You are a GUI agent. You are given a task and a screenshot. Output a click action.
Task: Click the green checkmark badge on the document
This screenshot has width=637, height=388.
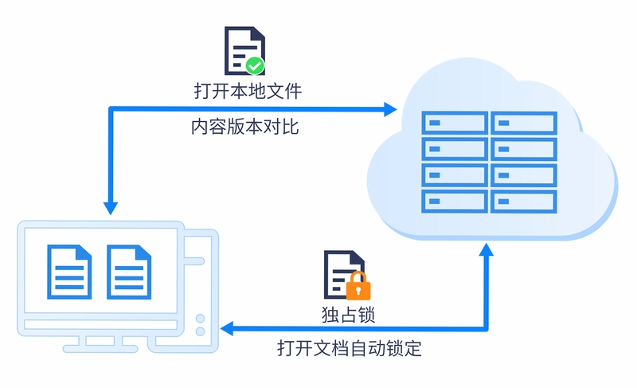[x=255, y=65]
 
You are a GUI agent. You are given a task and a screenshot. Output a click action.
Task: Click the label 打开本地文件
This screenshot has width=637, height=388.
[x=248, y=91]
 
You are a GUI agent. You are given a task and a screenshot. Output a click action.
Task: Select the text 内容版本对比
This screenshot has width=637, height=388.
[x=245, y=127]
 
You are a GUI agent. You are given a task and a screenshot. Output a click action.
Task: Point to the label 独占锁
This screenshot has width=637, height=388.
[x=348, y=315]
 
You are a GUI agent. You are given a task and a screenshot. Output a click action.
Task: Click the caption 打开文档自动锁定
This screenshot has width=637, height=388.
[x=350, y=348]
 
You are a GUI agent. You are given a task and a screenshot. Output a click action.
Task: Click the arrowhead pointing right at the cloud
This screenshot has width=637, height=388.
[x=390, y=109]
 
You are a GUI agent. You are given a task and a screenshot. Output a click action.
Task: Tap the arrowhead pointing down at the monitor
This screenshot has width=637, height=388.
[x=111, y=208]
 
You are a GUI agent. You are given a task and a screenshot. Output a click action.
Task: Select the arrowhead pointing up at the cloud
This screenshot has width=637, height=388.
[x=486, y=249]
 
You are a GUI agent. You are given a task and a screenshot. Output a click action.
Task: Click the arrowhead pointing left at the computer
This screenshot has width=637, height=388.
[x=227, y=328]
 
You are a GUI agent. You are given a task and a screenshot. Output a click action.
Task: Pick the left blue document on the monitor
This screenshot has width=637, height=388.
[x=69, y=272]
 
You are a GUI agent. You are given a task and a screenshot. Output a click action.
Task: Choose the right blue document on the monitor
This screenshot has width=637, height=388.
[x=129, y=272]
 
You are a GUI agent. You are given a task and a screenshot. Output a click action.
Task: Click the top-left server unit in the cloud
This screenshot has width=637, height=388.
[x=455, y=123]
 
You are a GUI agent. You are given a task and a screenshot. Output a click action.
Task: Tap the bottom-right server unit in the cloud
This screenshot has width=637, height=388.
[x=524, y=201]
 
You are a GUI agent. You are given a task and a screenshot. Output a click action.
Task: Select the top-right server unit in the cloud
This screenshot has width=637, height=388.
[x=524, y=123]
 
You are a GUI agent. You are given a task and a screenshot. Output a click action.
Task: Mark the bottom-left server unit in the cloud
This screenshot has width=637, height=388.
[x=455, y=201]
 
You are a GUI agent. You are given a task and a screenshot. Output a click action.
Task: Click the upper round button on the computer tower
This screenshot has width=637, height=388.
[x=201, y=318]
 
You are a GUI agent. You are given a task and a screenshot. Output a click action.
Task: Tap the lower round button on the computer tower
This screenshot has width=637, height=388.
[x=201, y=331]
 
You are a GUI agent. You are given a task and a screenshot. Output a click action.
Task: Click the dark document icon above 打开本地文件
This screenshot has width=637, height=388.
[x=245, y=51]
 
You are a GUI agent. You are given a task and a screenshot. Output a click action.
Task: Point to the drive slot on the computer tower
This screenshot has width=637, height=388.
[x=194, y=261]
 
